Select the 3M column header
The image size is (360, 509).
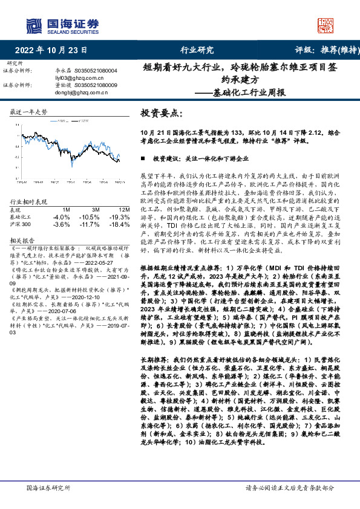click(93, 209)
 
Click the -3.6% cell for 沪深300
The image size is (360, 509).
click(62, 224)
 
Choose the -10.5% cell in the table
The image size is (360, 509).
click(90, 216)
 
